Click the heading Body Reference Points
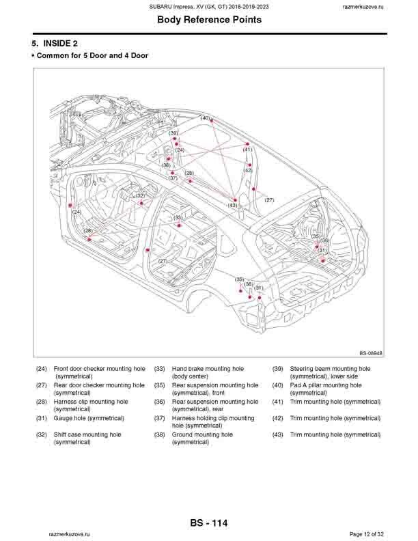(209, 20)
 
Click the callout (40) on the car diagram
(205, 117)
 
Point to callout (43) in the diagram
(233, 205)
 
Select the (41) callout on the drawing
(247, 150)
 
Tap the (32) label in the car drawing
(140, 196)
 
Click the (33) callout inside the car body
(178, 218)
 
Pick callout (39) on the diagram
(173, 133)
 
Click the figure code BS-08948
(371, 353)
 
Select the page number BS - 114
(209, 523)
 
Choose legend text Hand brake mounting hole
(208, 369)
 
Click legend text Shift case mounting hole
(87, 434)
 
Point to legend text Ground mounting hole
(202, 434)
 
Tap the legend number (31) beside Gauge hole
(42, 418)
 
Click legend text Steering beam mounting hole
(330, 369)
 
